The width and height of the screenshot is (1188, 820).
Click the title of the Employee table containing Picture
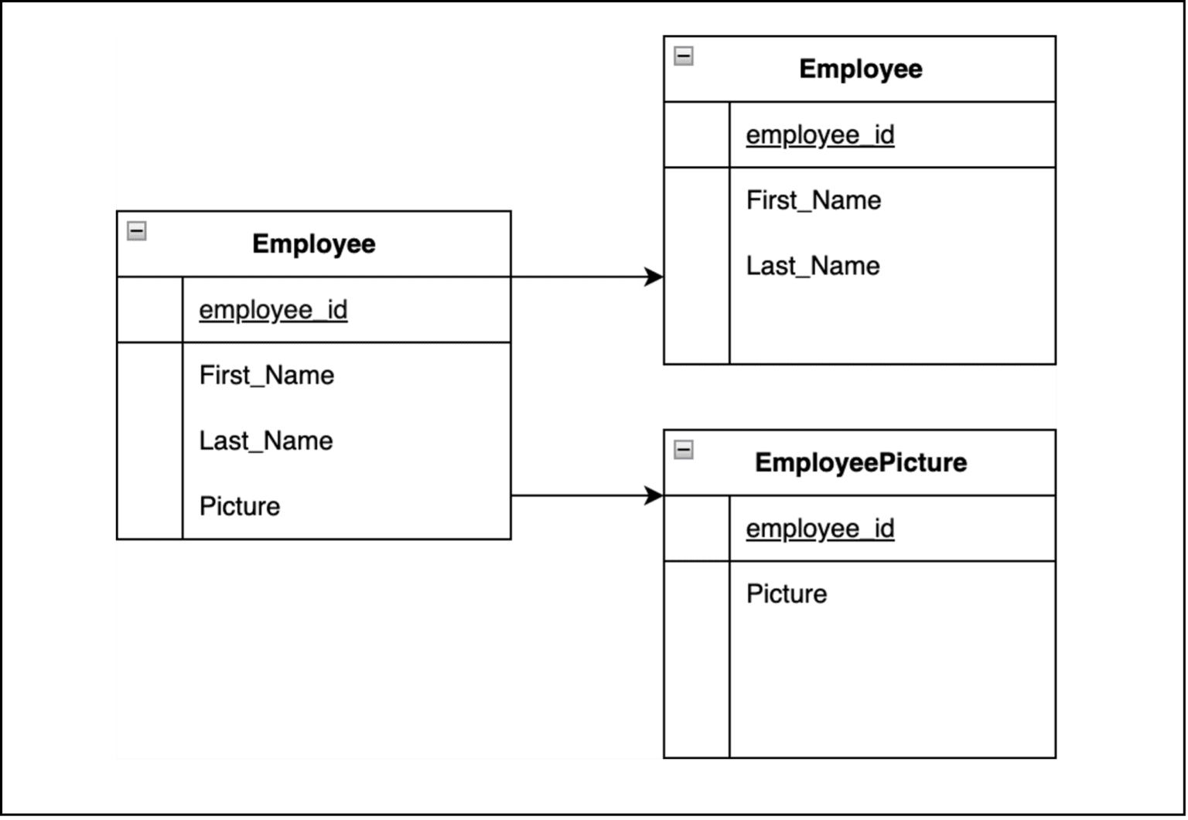pos(313,244)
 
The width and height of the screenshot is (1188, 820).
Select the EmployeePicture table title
pos(860,463)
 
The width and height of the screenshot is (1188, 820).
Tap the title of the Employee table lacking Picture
pos(860,70)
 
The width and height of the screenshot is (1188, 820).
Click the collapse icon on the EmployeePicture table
pos(684,450)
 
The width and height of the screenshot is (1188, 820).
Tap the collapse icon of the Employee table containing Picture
pos(137,230)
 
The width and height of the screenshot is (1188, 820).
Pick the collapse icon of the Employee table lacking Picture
pos(684,56)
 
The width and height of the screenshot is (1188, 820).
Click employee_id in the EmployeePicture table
pos(820,529)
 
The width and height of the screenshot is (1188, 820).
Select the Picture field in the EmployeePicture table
pos(786,594)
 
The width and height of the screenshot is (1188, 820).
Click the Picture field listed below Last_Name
pos(240,506)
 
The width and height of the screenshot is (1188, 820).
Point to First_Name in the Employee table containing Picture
pos(267,376)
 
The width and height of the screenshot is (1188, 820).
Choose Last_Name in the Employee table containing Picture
pos(266,441)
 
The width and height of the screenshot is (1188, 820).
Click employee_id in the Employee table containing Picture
pos(273,310)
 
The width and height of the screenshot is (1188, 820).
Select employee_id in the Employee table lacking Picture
pos(820,135)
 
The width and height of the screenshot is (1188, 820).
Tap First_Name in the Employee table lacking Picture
pos(814,201)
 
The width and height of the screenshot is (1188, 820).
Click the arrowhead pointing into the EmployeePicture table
pos(654,495)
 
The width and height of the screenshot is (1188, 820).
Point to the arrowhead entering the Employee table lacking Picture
pos(654,277)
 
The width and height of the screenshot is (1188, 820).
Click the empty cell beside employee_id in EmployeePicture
pos(697,529)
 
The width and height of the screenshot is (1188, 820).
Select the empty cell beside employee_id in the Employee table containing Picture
pos(150,310)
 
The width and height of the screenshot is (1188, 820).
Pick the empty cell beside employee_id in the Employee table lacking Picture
pos(697,135)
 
